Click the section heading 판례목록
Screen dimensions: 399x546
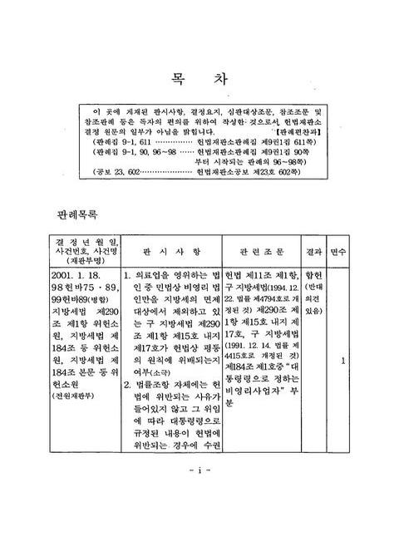(74, 214)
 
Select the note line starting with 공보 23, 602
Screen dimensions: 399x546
(199, 174)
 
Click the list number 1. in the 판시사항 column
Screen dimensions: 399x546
(126, 273)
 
